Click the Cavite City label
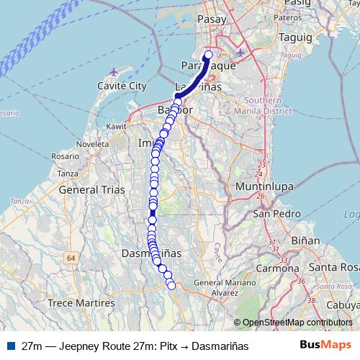pyautogui.click(x=117, y=86)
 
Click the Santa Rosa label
pyautogui.click(x=333, y=268)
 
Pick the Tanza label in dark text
pyautogui.click(x=67, y=174)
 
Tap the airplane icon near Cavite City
pyautogui.click(x=115, y=72)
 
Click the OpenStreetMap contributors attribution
pyautogui.click(x=297, y=323)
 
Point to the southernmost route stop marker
pyautogui.click(x=171, y=286)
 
